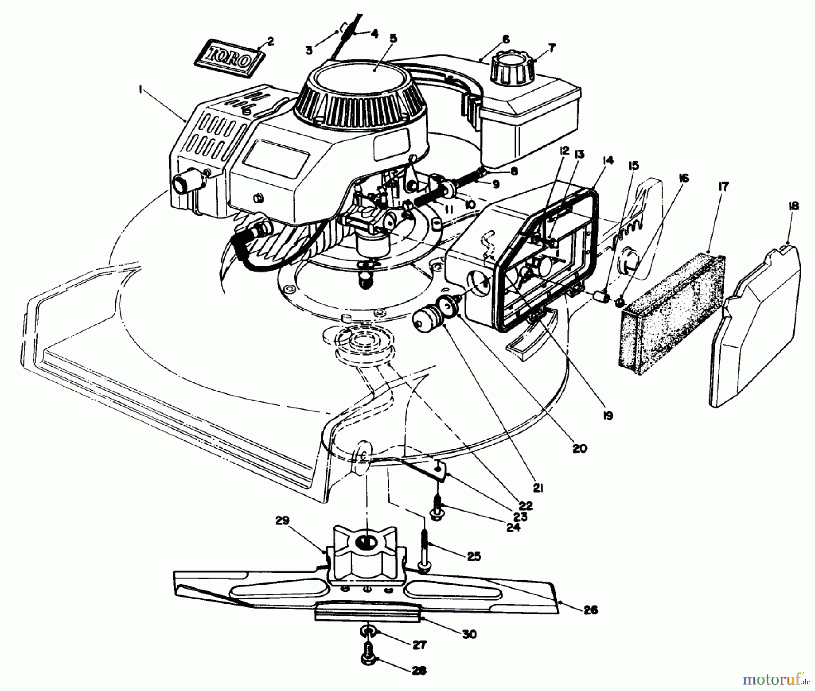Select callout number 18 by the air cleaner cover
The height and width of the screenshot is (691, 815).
point(793,206)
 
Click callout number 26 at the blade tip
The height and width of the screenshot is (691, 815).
point(591,610)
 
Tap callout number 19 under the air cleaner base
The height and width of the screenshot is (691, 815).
point(608,415)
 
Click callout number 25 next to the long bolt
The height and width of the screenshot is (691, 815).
point(474,556)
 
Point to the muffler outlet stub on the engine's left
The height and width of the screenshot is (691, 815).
point(183,184)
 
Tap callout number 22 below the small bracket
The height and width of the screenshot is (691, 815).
point(526,505)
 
